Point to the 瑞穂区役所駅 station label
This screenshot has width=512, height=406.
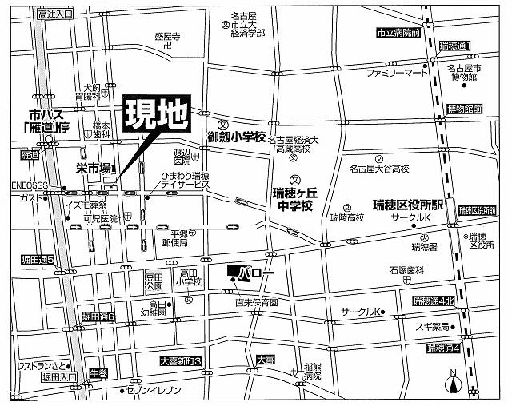[413, 204]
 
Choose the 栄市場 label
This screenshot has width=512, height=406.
[94, 169]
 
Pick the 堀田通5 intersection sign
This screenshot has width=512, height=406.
[38, 261]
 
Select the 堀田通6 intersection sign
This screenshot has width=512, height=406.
[100, 317]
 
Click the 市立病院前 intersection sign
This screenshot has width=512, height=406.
[398, 33]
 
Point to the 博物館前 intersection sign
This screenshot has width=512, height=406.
[466, 109]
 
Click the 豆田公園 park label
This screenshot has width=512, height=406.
[154, 281]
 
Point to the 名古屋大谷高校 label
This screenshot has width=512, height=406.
[379, 169]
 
